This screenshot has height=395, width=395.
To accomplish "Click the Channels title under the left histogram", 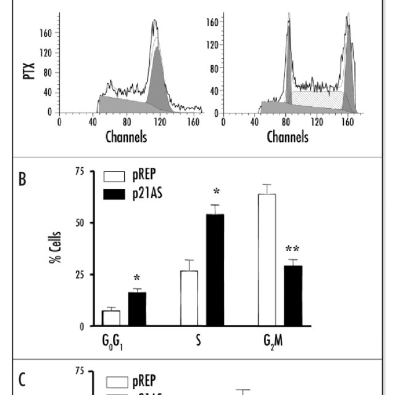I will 126,136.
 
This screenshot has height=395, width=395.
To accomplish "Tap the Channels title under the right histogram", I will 287,136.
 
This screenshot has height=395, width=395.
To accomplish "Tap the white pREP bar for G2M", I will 267,259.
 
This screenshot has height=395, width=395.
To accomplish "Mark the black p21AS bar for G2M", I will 293,295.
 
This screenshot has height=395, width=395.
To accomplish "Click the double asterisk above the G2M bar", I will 293,249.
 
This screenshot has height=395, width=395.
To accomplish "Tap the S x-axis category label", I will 197,339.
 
